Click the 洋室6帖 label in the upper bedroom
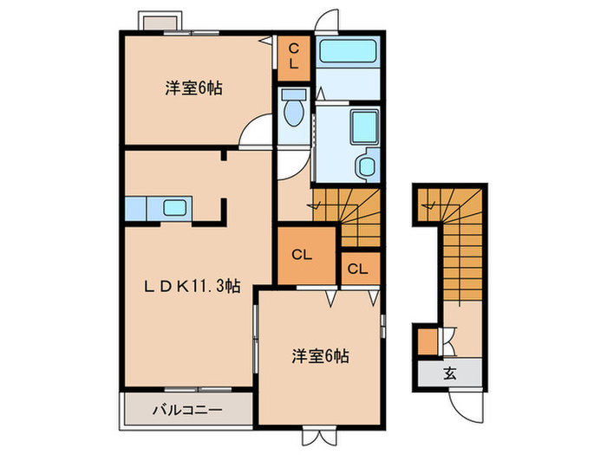click(x=193, y=88)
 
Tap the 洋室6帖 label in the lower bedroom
click(x=321, y=355)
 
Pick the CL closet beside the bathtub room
click(x=293, y=57)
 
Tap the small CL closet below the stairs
click(x=357, y=269)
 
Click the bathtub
click(x=347, y=51)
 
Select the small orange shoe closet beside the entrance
click(x=428, y=342)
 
